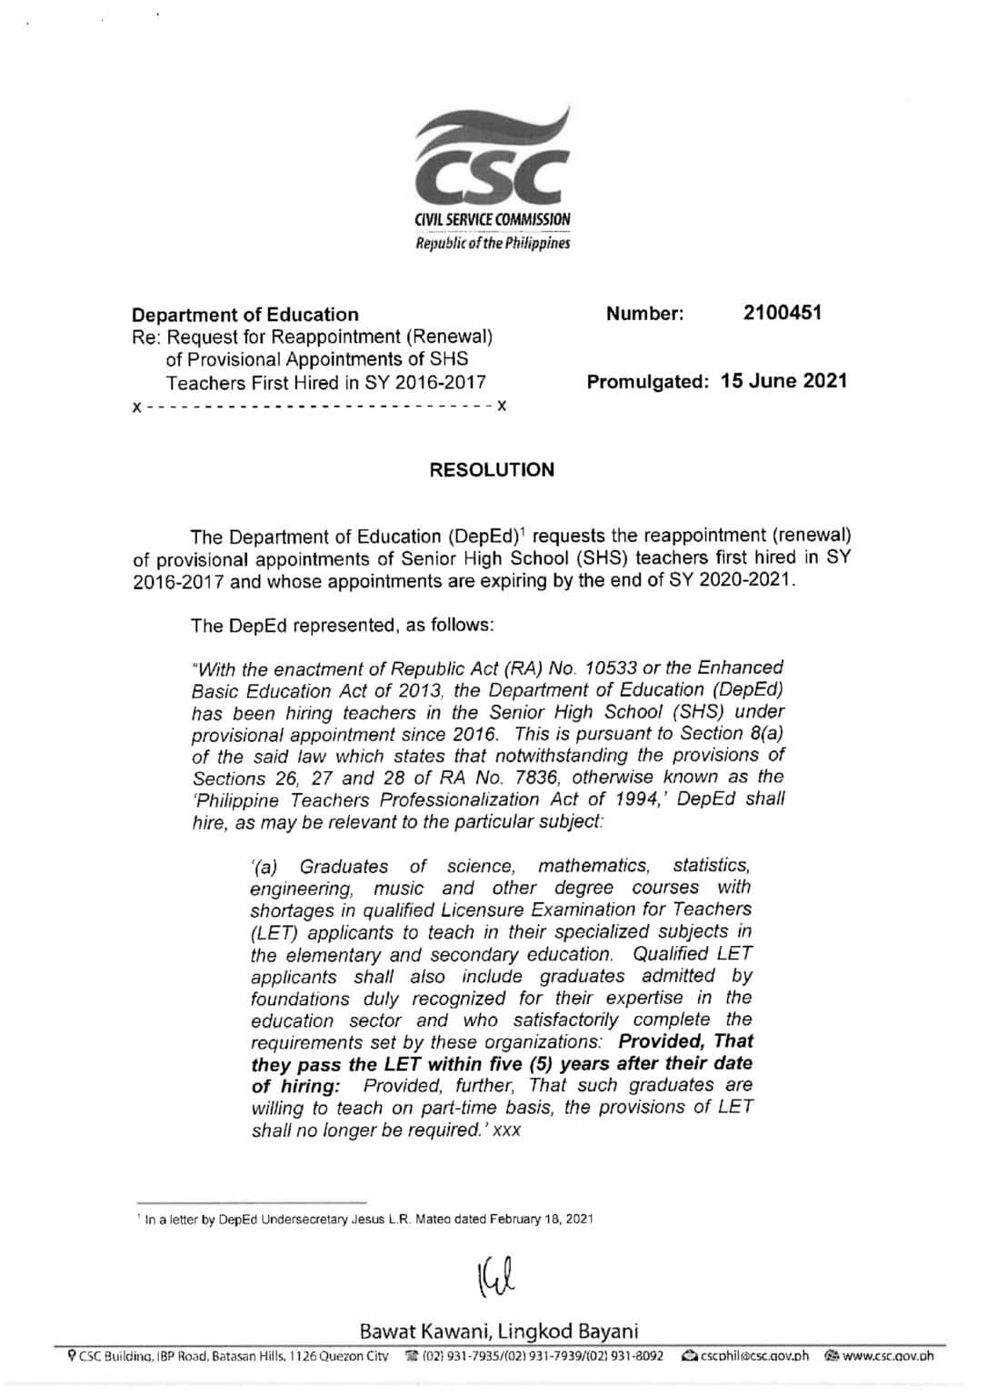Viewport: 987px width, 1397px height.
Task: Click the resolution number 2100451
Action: (x=782, y=313)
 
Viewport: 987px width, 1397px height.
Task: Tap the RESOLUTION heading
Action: (x=492, y=470)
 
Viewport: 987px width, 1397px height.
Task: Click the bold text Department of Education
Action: (x=245, y=315)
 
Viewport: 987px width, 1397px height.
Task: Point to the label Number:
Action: (x=644, y=314)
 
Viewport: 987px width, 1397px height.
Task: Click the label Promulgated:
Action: (x=647, y=382)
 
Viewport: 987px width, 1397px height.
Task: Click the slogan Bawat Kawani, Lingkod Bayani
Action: (x=499, y=1332)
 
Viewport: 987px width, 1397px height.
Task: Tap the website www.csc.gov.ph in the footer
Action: (x=887, y=1356)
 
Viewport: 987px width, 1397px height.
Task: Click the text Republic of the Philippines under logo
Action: (x=493, y=244)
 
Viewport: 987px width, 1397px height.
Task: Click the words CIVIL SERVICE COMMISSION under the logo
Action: (x=493, y=220)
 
